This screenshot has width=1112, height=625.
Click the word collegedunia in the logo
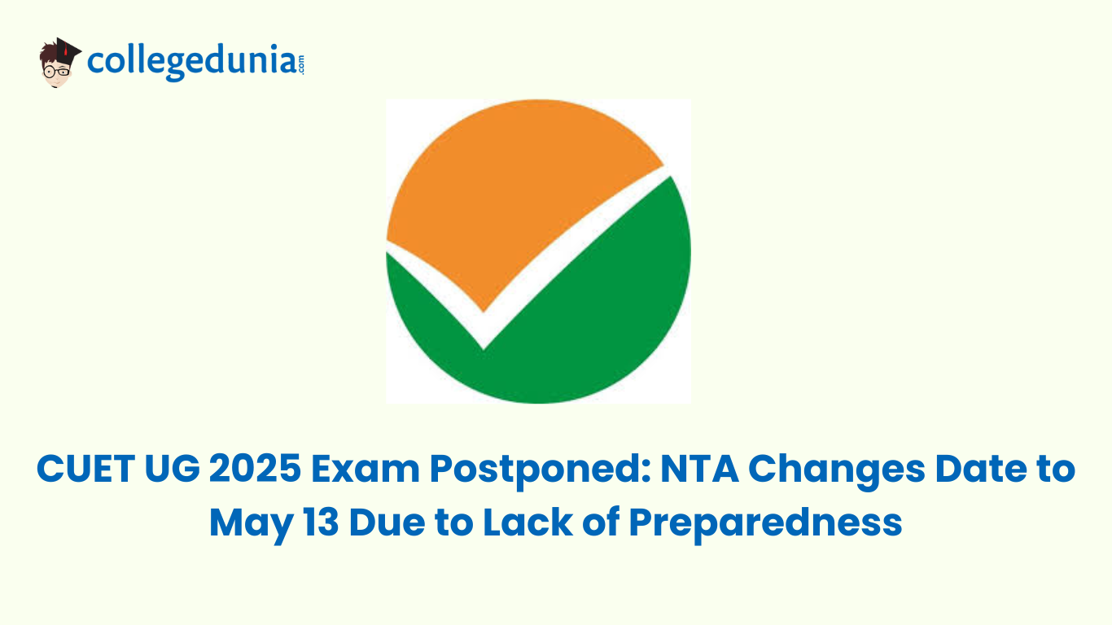(192, 63)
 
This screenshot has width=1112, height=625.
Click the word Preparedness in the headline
(765, 523)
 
